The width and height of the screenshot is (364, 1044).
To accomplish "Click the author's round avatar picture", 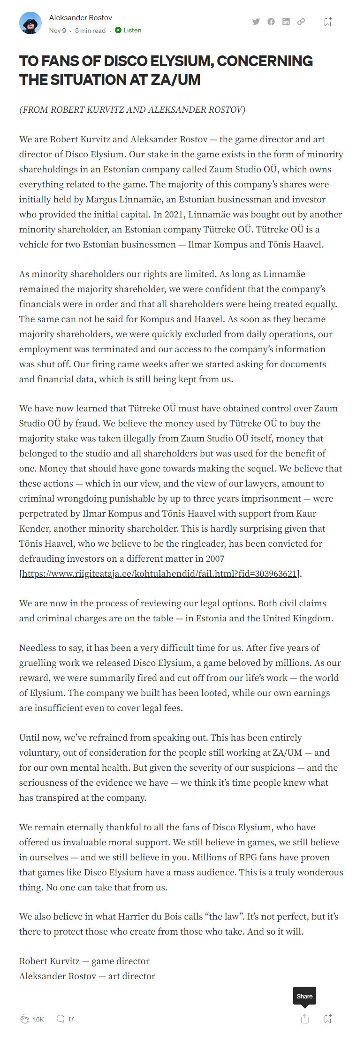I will pyautogui.click(x=30, y=23).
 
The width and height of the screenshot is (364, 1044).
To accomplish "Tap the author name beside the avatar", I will pyautogui.click(x=80, y=18).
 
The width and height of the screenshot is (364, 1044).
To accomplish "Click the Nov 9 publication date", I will pyautogui.click(x=57, y=31).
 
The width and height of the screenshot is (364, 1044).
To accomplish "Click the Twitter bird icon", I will pyautogui.click(x=256, y=22).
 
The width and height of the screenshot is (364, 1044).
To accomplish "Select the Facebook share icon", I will pyautogui.click(x=271, y=22).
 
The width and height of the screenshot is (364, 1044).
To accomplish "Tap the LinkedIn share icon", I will pyautogui.click(x=286, y=22).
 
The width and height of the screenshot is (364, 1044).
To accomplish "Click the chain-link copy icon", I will pyautogui.click(x=301, y=22).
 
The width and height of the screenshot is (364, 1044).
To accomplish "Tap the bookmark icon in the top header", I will pyautogui.click(x=328, y=22).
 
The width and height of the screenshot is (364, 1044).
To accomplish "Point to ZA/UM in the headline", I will pyautogui.click(x=175, y=80).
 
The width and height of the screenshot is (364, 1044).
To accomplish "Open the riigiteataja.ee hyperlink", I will pyautogui.click(x=159, y=573).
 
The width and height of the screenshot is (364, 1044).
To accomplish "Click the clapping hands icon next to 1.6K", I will pyautogui.click(x=25, y=1019).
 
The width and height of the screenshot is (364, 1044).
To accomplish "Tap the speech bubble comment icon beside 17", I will pyautogui.click(x=61, y=1019).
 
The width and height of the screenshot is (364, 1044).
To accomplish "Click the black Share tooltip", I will pyautogui.click(x=304, y=996).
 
